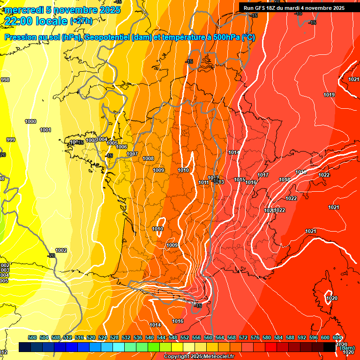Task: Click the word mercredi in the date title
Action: (23, 10)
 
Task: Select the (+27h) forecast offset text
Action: (81, 21)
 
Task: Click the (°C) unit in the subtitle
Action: (248, 37)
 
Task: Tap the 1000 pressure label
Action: (30, 121)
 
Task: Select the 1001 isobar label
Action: (45, 130)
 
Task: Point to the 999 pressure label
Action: (11, 140)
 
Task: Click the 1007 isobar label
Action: (132, 154)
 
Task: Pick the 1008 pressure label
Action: (148, 158)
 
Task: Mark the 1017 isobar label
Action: (263, 175)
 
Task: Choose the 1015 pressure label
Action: (240, 180)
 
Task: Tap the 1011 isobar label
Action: (203, 182)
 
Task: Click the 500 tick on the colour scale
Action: (32, 337)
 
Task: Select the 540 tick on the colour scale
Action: (150, 337)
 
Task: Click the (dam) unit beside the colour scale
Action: (347, 348)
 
